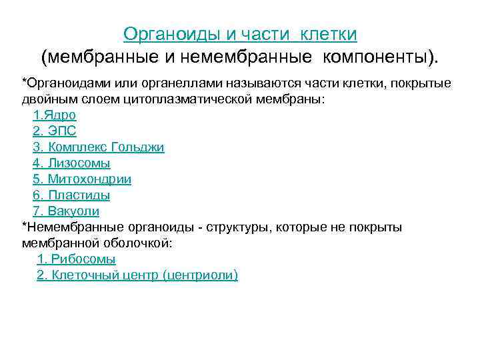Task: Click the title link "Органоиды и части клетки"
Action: (240, 34)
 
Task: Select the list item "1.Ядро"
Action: (54, 115)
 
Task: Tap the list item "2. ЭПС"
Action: (54, 131)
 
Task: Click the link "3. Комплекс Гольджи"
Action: (98, 147)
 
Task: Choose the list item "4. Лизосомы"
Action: (71, 163)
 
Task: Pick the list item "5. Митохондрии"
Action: (81, 179)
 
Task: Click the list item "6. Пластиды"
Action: (71, 195)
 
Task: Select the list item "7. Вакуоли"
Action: (65, 211)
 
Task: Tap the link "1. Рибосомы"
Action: (76, 259)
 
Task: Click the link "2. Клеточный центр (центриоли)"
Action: (137, 275)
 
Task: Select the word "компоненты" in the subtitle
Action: (374, 58)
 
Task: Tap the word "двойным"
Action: (47, 99)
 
